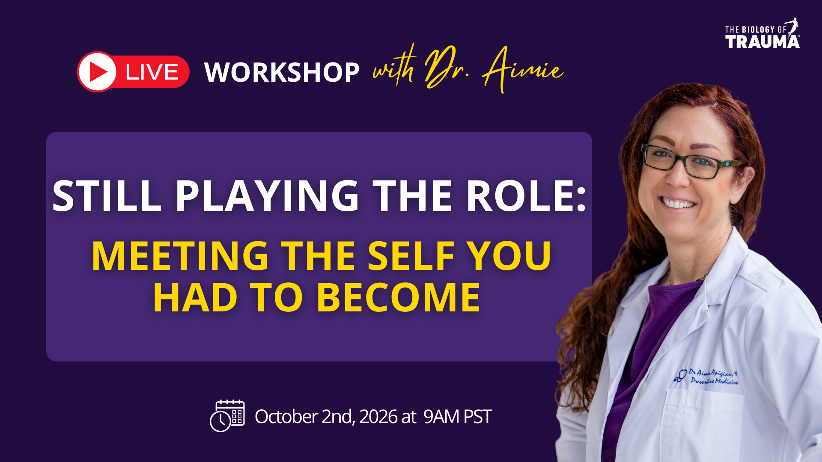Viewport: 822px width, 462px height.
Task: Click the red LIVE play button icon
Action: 97,72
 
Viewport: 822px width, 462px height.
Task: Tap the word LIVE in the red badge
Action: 152,72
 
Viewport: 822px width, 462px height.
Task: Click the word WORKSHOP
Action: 282,72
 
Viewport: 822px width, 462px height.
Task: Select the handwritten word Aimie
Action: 523,68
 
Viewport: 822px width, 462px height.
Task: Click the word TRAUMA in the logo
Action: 762,41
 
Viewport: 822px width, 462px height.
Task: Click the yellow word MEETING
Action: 180,256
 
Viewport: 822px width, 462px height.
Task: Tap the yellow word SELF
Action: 411,256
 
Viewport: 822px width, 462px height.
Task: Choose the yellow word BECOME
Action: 399,298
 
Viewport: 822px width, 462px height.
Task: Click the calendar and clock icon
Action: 227,416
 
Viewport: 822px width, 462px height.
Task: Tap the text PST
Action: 478,416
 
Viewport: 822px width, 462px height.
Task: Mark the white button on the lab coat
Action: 643,389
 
